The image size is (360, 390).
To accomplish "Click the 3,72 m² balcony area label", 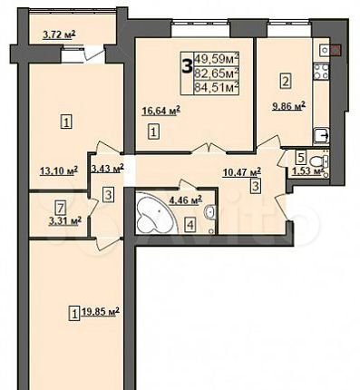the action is coord(59,35).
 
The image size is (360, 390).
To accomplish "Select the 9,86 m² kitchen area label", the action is coord(288,106).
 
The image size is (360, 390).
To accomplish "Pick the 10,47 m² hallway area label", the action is coord(242,172).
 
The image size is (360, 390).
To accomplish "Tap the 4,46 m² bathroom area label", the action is coord(186,200).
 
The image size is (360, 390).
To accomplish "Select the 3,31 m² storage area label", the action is coord(64,221).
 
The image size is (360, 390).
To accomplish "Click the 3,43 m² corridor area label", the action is coord(107,168).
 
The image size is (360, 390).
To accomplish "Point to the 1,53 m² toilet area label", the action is coord(306,171).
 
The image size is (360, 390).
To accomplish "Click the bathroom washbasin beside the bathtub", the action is coord(210,211).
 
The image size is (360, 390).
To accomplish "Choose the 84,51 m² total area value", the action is coord(217,88).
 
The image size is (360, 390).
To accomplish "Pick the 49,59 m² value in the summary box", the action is coord(217,58).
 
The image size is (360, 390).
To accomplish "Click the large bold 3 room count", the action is coord(187,66).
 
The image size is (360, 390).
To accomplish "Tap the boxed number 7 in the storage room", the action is coord(61,208).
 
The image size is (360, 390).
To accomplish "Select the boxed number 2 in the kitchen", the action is coord(286,81).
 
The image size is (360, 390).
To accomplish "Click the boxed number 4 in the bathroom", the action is coord(190,224).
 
